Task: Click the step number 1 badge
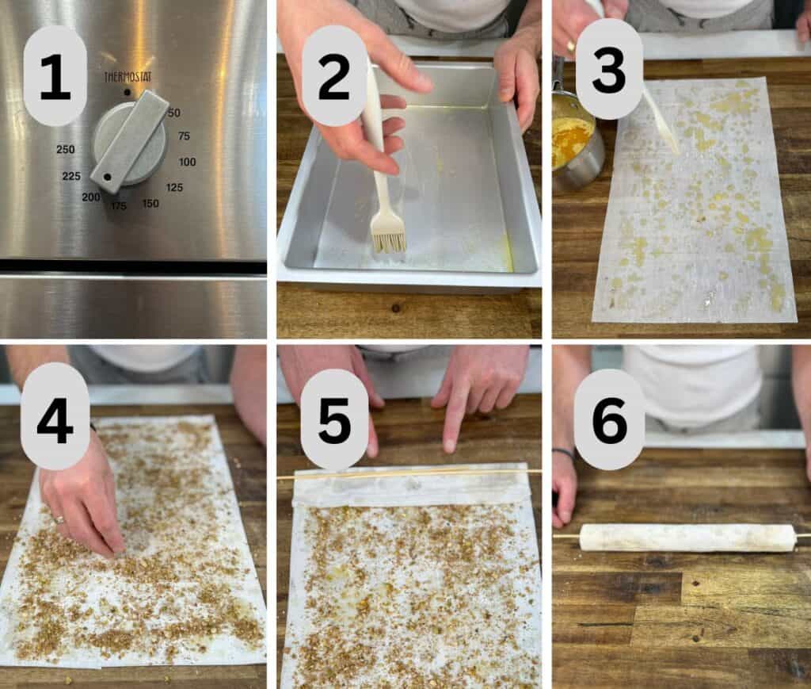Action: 55,75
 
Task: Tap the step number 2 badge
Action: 334,75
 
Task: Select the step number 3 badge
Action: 609,69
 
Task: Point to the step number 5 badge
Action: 334,419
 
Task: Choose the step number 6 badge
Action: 609,419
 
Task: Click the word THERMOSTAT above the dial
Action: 128,77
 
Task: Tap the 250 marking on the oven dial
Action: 66,150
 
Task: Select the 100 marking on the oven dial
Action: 187,162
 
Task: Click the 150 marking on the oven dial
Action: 150,204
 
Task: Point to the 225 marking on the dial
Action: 71,176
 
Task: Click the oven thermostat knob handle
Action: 129,141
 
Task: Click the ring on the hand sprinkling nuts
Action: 60,519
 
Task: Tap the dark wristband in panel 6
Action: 564,454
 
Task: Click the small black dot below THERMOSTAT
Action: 127,93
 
